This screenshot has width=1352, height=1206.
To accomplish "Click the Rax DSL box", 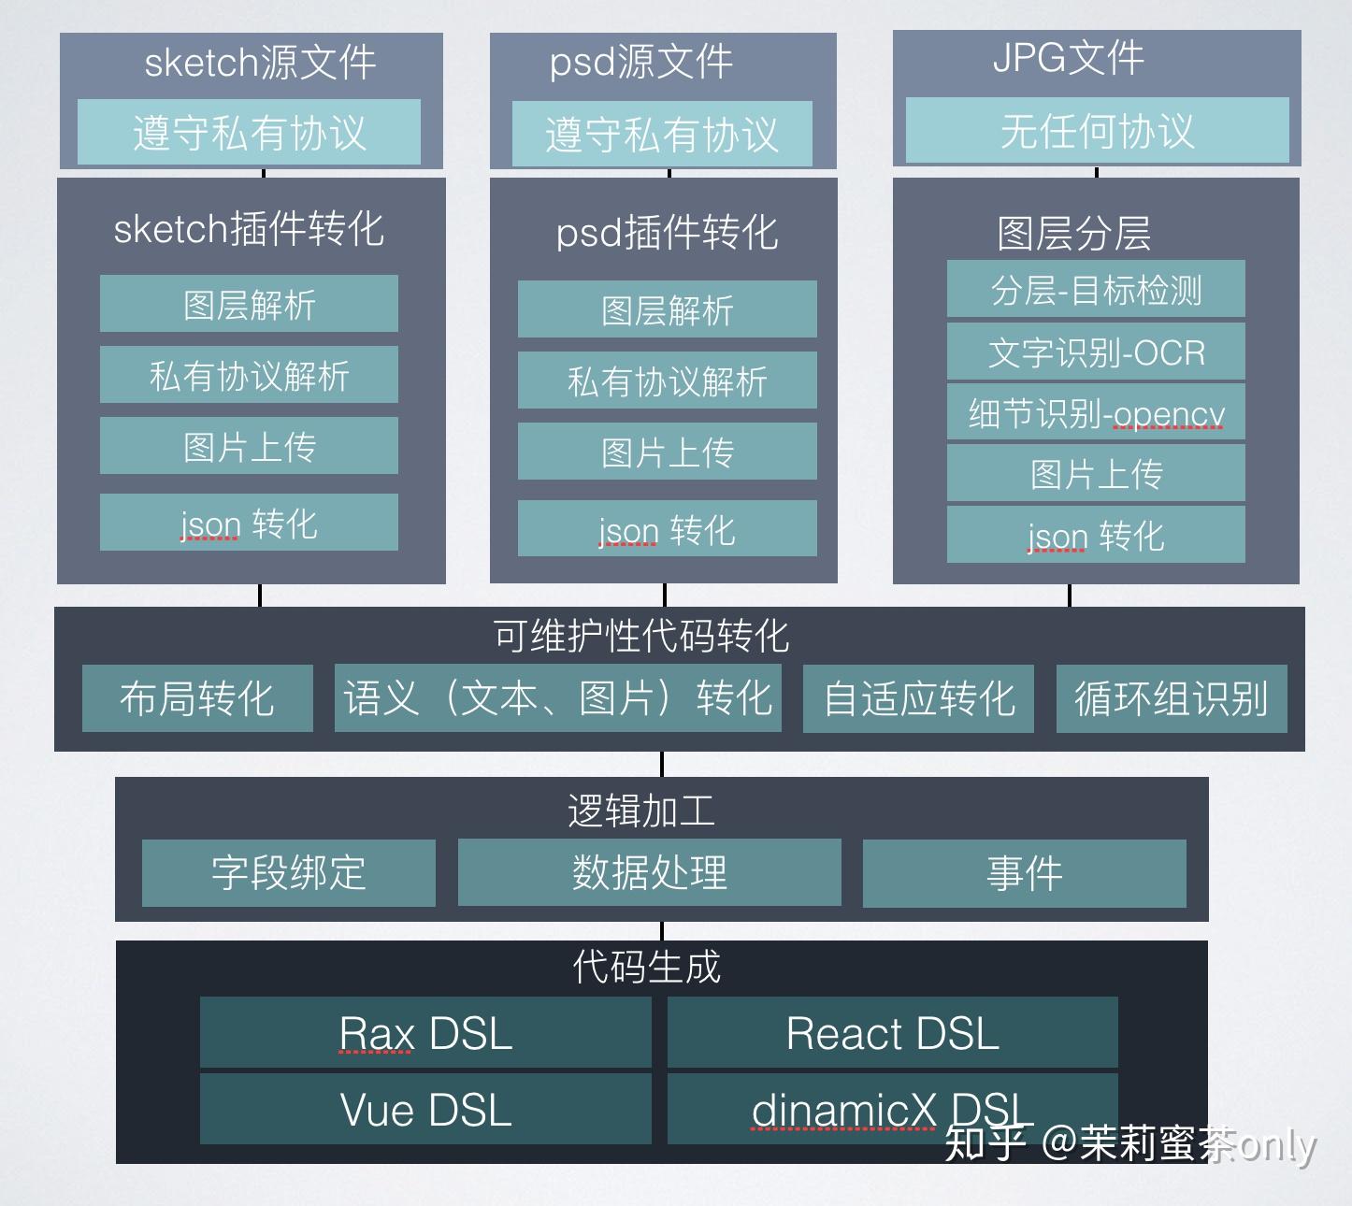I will pos(425,1033).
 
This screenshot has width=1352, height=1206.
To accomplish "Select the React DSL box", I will pos(892,1033).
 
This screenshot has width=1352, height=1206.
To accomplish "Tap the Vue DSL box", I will pos(425,1109).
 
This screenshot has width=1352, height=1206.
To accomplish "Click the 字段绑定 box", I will pos(288,873).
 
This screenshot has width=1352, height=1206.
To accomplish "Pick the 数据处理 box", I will pos(649,873).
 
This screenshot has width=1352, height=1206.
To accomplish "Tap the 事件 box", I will pos(1024,873).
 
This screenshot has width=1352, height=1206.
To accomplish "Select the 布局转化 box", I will pos(197,698).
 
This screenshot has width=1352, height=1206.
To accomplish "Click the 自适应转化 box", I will pos(918,698).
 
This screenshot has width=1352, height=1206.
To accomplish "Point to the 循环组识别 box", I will pos(1172,698).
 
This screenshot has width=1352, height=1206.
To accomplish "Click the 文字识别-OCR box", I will pos(1096,352).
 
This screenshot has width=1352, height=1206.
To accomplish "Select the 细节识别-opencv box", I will pos(1096,412).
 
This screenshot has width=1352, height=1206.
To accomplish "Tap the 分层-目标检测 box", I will pos(1096,290).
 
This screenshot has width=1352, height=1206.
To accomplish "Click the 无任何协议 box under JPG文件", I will pos(1097,131).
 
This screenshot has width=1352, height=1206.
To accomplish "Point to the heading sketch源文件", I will pos(260,63).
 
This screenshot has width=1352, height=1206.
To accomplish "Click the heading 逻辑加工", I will pos(641,811).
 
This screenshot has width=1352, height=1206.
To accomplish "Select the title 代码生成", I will pos(647,966).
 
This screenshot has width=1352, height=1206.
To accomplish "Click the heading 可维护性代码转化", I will pos(641,636).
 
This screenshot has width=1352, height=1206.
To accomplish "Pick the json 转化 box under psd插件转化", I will pos(667,529).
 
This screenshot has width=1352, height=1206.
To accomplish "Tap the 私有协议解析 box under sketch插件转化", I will pos(249,375).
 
